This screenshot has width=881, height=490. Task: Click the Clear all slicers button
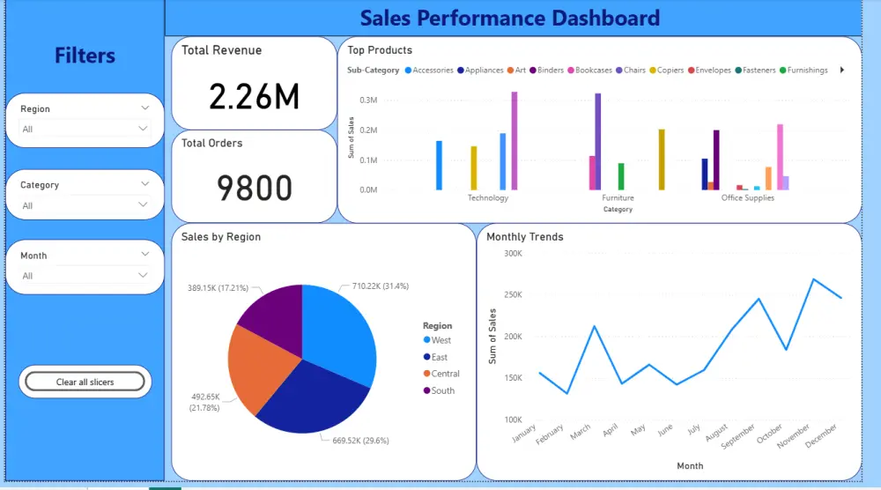[x=85, y=382]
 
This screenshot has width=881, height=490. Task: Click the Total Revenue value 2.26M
[x=254, y=96]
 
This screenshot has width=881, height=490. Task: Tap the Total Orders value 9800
[x=254, y=188]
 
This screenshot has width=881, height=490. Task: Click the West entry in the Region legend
[x=440, y=340]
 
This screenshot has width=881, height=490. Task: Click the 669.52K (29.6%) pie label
[x=360, y=440]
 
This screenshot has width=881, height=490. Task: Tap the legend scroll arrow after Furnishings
[x=842, y=71]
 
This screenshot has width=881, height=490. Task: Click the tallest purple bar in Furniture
[x=598, y=141]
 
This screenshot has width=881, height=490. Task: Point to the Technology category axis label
[x=488, y=198]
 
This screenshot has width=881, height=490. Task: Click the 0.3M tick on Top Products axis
[x=367, y=100]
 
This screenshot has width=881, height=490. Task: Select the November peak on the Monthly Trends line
[x=813, y=279]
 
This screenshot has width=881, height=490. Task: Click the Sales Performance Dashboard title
[x=510, y=18]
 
